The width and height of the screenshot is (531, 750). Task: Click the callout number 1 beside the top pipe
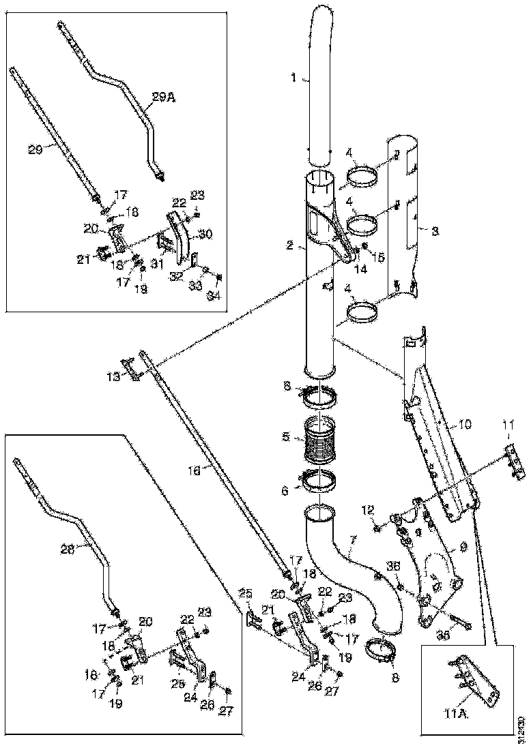pyautogui.click(x=293, y=78)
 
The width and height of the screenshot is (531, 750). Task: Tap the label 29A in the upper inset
pyautogui.click(x=163, y=98)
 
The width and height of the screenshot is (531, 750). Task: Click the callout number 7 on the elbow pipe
pyautogui.click(x=351, y=541)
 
